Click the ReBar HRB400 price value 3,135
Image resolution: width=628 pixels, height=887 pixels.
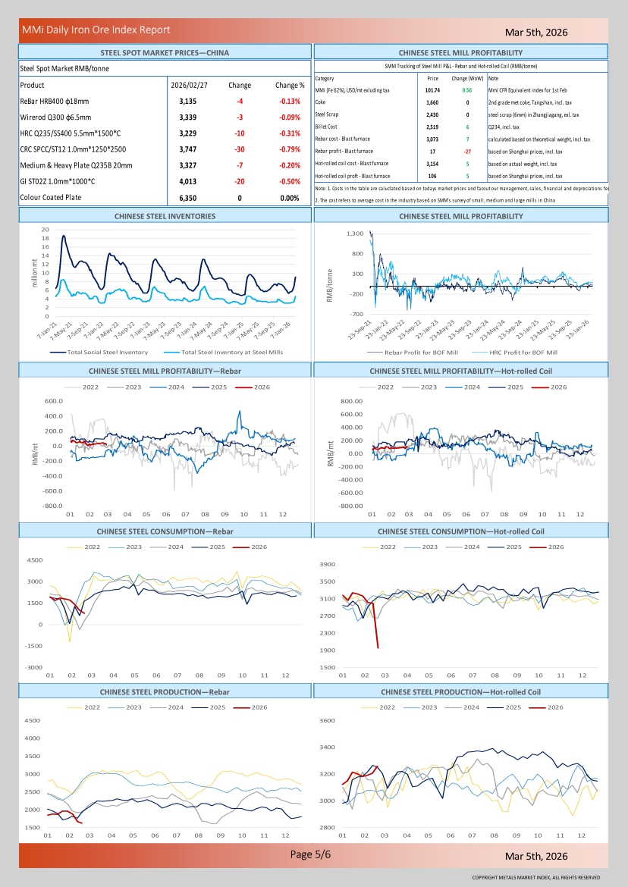[188, 101]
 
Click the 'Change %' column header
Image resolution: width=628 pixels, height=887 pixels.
[290, 85]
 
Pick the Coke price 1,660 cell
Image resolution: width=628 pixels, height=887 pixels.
[432, 102]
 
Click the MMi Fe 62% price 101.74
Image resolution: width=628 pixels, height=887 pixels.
[433, 89]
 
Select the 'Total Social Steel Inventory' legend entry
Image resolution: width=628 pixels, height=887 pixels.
[107, 352]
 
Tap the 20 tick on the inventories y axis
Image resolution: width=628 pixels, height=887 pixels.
[46, 230]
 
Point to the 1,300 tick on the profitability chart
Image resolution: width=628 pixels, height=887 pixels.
[354, 234]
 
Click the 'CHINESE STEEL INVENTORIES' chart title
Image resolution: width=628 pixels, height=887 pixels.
[165, 216]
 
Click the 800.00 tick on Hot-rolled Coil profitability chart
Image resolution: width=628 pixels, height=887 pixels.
[352, 401]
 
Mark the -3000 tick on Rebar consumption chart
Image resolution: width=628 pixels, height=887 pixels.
[33, 667]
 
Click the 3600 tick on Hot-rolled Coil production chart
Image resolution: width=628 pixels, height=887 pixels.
[326, 720]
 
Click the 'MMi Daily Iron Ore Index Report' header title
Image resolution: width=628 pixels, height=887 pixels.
[96, 30]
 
